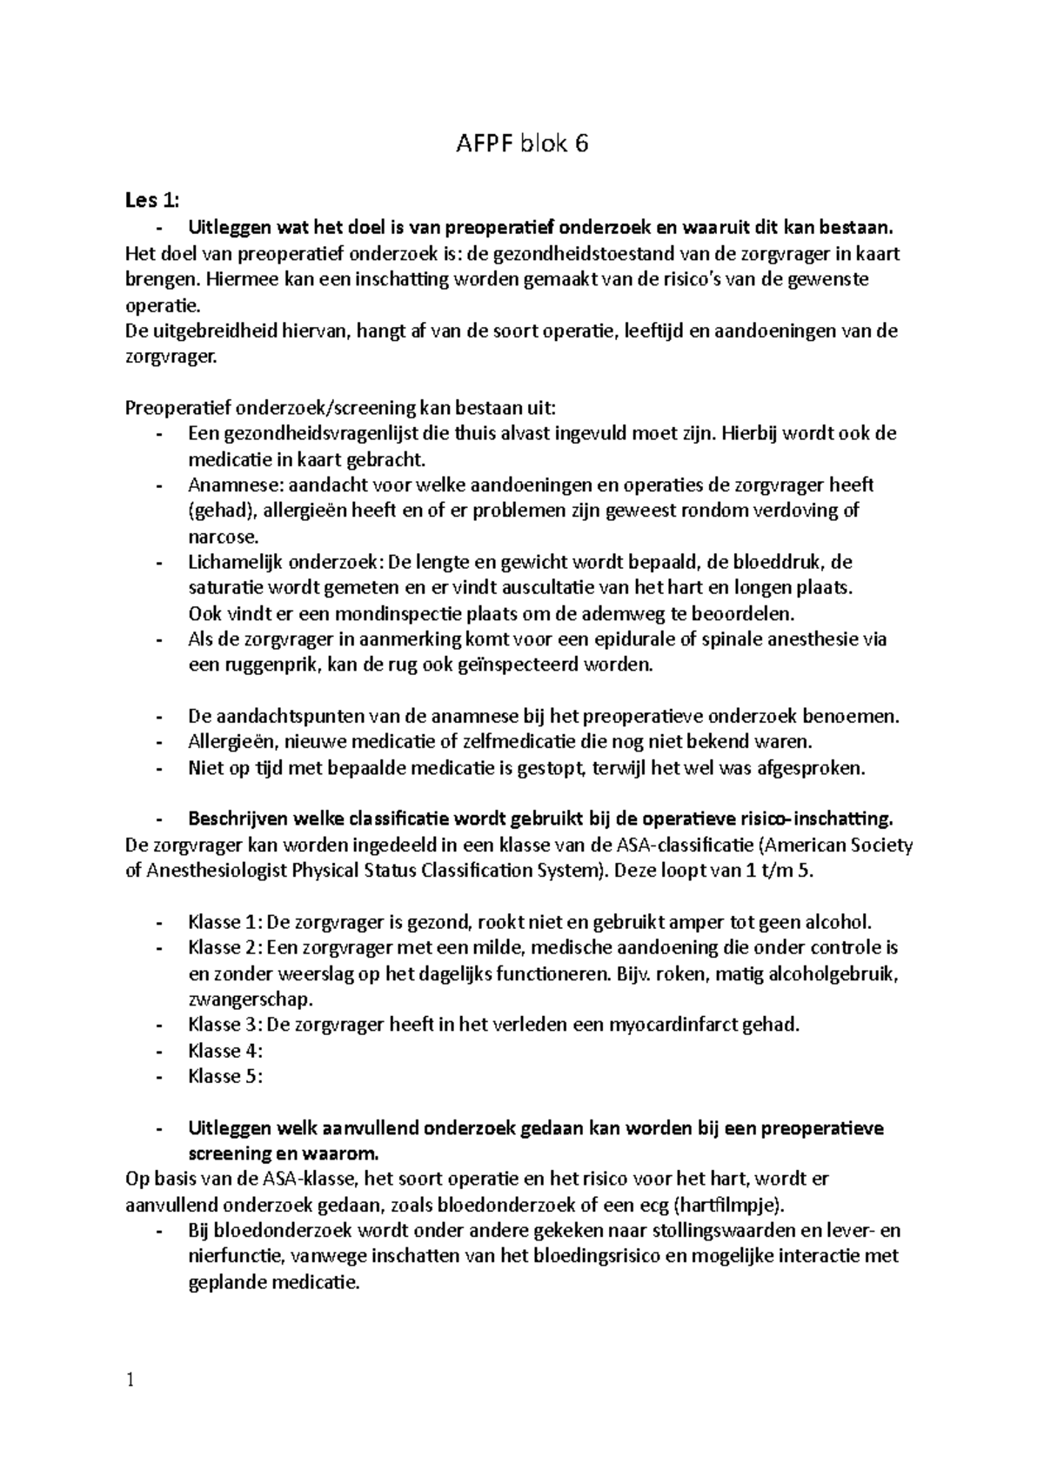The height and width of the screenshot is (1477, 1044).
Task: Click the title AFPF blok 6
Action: tap(522, 144)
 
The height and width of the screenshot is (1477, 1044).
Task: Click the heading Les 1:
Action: tap(151, 202)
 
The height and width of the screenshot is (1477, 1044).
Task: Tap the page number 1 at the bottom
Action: tap(130, 1380)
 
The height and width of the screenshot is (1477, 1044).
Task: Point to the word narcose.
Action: tap(217, 536)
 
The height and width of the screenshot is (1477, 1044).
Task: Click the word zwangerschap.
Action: tap(251, 999)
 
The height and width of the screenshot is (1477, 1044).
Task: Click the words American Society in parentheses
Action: tap(840, 845)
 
